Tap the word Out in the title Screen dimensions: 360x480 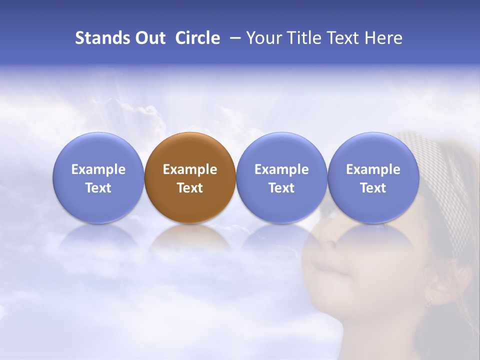pos(149,38)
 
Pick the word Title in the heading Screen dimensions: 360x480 pos(305,38)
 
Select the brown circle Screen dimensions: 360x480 pos(190,177)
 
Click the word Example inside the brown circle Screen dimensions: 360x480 pos(190,169)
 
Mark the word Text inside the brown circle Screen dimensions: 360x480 pos(190,188)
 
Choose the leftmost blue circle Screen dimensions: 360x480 pos(98,177)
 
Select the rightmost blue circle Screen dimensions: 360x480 pos(373,177)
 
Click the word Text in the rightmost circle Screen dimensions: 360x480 pos(373,188)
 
